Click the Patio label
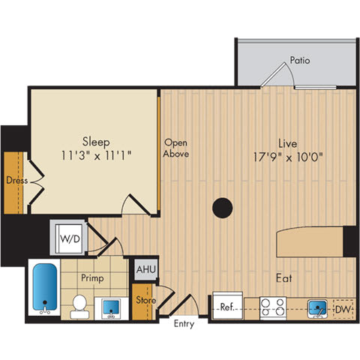click(301, 61)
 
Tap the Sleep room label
click(95, 140)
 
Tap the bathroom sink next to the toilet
click(111, 307)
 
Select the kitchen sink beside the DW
click(318, 307)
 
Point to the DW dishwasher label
click(342, 308)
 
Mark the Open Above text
click(176, 148)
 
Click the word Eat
click(283, 277)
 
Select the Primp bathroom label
click(93, 278)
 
